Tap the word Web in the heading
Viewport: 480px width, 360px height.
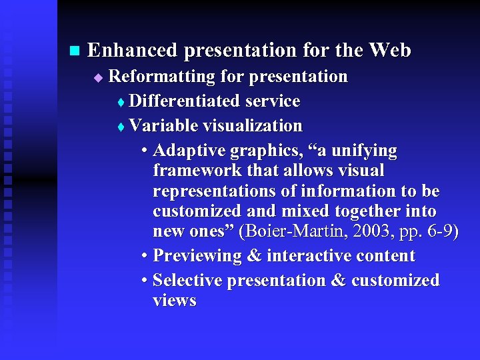389,50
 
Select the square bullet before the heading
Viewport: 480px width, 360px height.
74,51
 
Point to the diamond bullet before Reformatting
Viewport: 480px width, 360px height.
98,78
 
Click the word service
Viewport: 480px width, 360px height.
273,101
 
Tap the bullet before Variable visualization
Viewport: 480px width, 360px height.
120,127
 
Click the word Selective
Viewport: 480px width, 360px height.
187,281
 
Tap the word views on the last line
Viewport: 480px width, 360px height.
174,301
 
